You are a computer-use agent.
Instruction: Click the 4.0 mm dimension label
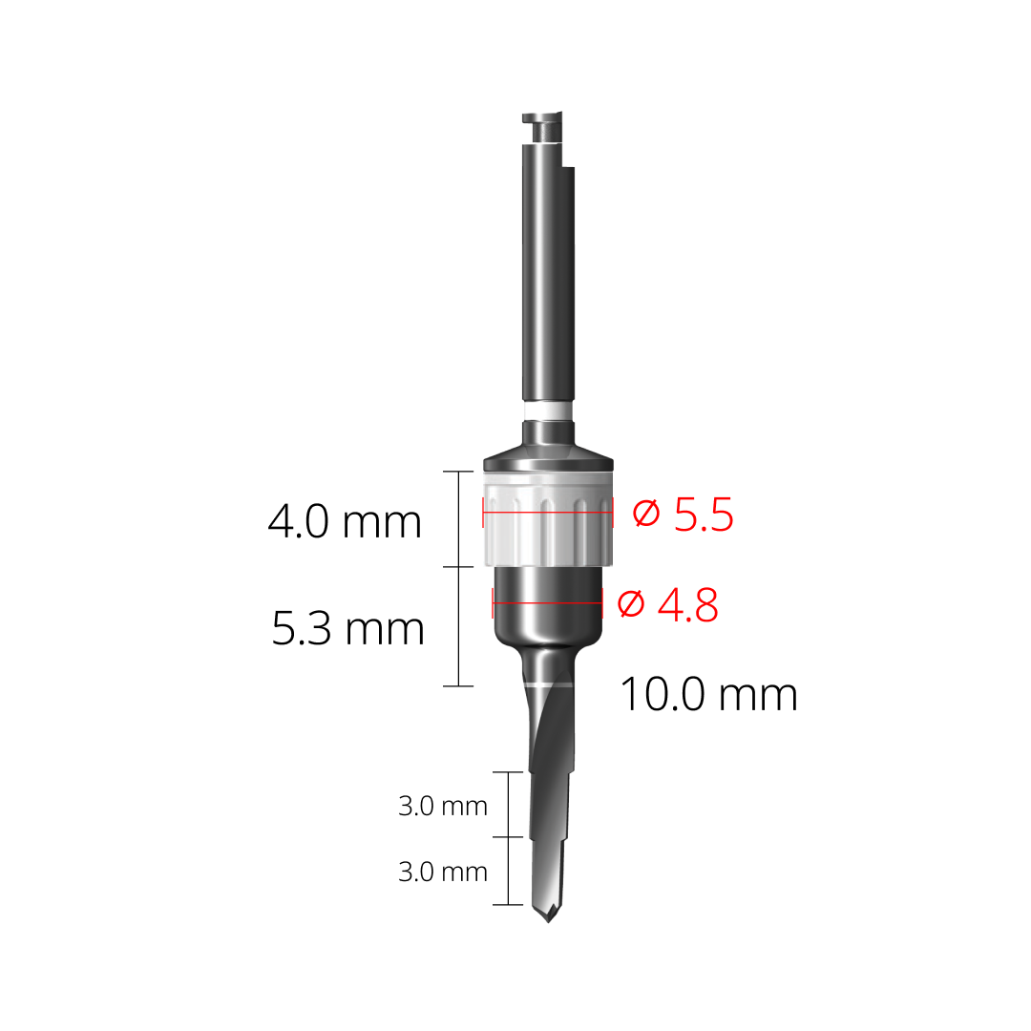pyautogui.click(x=345, y=522)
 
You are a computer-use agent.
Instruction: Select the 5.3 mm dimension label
pyautogui.click(x=347, y=629)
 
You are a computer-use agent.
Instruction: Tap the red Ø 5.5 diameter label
pyautogui.click(x=684, y=515)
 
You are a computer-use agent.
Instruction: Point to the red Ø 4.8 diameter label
pyautogui.click(x=667, y=604)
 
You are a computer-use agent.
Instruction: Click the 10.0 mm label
pyautogui.click(x=708, y=694)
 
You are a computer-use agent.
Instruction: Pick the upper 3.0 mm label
pyautogui.click(x=443, y=806)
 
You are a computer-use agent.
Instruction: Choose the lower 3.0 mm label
pyautogui.click(x=443, y=872)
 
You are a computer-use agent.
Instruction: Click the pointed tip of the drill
pyautogui.click(x=548, y=919)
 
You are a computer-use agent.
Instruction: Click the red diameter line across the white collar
pyautogui.click(x=548, y=513)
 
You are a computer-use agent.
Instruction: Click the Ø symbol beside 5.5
pyautogui.click(x=647, y=515)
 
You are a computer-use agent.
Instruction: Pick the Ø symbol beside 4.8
pyautogui.click(x=631, y=604)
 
